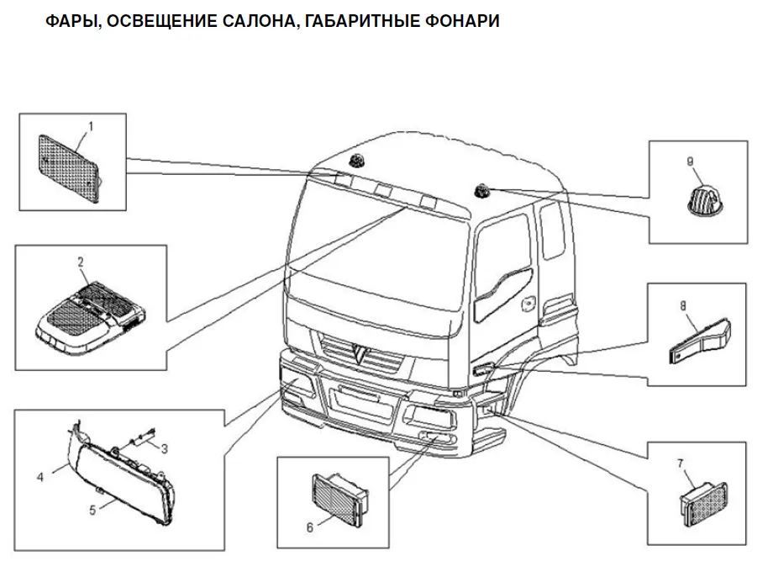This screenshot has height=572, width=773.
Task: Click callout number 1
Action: pyautogui.click(x=91, y=127)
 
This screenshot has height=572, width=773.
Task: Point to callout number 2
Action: pyautogui.click(x=81, y=262)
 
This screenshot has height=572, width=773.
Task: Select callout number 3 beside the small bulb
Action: pyautogui.click(x=165, y=448)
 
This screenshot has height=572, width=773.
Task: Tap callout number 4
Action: pyautogui.click(x=40, y=477)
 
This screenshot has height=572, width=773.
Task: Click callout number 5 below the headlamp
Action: pyautogui.click(x=92, y=510)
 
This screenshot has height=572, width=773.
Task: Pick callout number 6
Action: pyautogui.click(x=309, y=527)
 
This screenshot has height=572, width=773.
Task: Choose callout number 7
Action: pyautogui.click(x=681, y=463)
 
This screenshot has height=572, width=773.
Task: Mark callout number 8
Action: pyautogui.click(x=683, y=306)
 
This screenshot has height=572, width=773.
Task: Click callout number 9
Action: pyautogui.click(x=690, y=162)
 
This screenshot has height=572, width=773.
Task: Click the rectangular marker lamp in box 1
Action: pyautogui.click(x=70, y=168)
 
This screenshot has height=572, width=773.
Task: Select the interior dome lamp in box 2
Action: pyautogui.click(x=90, y=317)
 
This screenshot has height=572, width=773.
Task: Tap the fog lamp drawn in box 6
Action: pyautogui.click(x=340, y=499)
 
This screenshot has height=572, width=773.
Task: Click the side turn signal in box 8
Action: pyautogui.click(x=700, y=342)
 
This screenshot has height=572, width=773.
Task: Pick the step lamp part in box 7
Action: pyautogui.click(x=703, y=504)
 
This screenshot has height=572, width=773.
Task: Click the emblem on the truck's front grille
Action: pyautogui.click(x=361, y=352)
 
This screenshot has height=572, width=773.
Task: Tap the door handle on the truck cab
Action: pyautogui.click(x=528, y=304)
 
